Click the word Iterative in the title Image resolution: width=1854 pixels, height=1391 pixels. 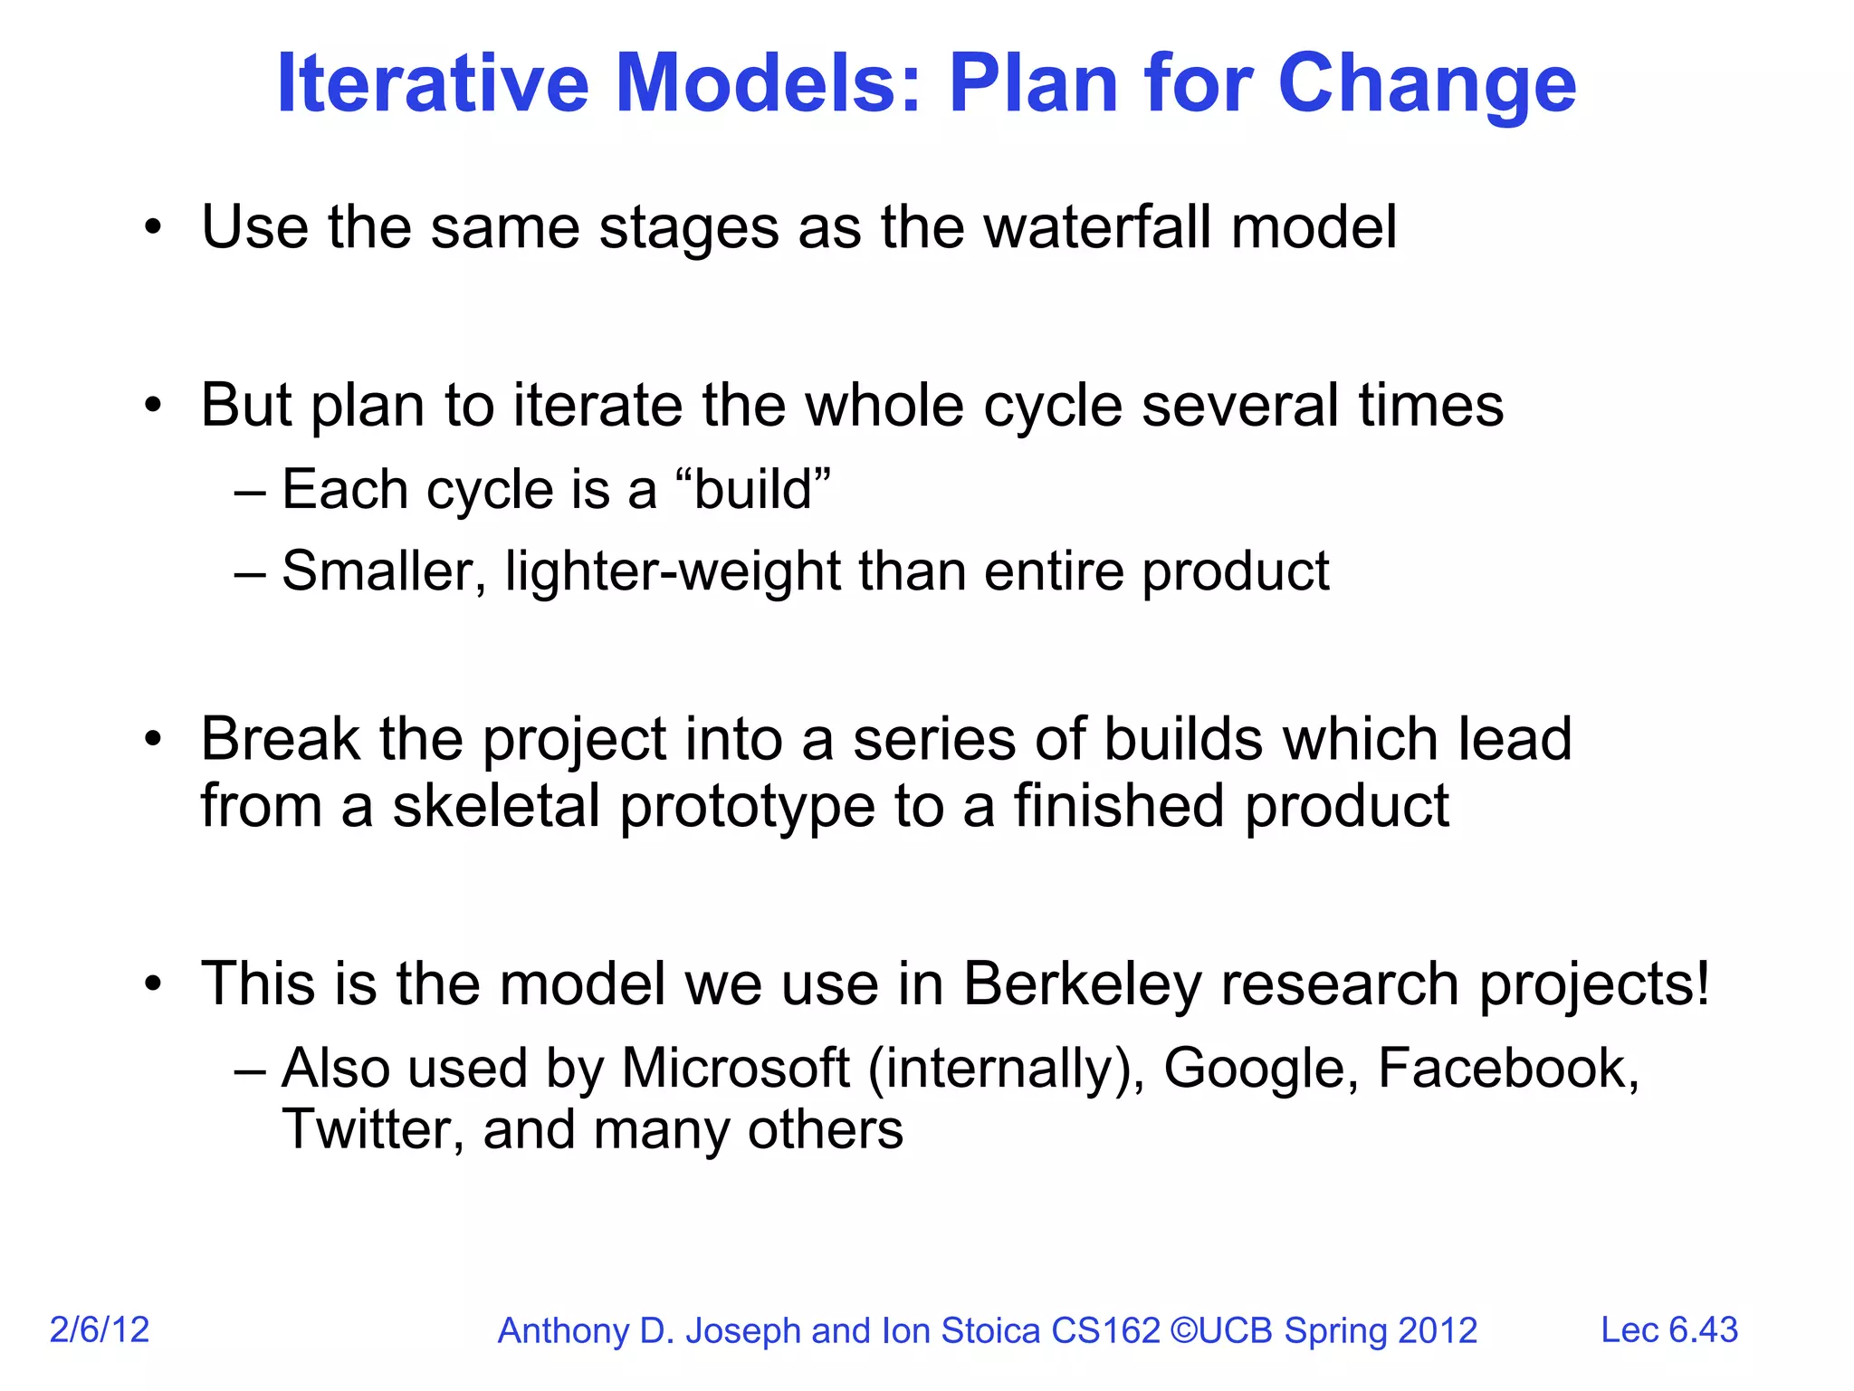433,83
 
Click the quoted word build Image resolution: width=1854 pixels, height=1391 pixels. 753,490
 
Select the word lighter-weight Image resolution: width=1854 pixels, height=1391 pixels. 674,572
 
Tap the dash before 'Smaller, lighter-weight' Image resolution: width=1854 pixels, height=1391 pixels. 250,572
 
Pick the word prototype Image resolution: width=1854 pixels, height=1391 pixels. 748,808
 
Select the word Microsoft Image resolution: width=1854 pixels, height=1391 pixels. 735,1069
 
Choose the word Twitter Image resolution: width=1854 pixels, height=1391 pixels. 373,1130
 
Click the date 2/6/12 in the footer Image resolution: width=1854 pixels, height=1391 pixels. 100,1329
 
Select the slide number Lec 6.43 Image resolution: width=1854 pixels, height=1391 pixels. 1668,1329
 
